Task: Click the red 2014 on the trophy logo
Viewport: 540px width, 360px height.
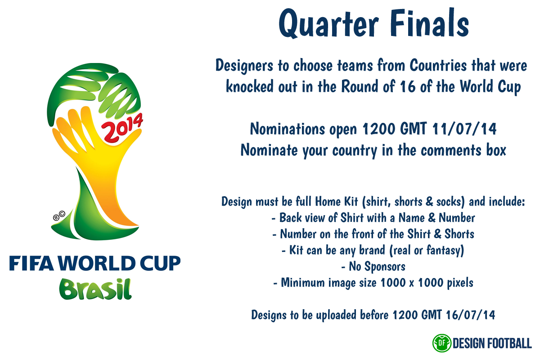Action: click(x=122, y=127)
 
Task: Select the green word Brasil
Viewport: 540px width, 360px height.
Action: click(x=95, y=289)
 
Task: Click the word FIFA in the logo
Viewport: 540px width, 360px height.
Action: click(x=31, y=263)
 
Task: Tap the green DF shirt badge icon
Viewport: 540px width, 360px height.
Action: click(x=441, y=343)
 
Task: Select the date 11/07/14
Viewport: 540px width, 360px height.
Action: click(x=464, y=129)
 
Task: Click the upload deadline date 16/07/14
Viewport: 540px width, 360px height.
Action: click(x=470, y=315)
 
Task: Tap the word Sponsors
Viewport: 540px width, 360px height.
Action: click(x=385, y=266)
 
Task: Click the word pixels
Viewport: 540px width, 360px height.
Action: click(x=460, y=283)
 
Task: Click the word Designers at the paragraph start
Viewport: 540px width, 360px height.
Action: click(x=244, y=66)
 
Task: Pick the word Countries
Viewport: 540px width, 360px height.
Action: click(x=438, y=65)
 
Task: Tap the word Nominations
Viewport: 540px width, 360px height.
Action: click(x=288, y=129)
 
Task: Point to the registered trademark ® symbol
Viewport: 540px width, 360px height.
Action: click(x=56, y=218)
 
